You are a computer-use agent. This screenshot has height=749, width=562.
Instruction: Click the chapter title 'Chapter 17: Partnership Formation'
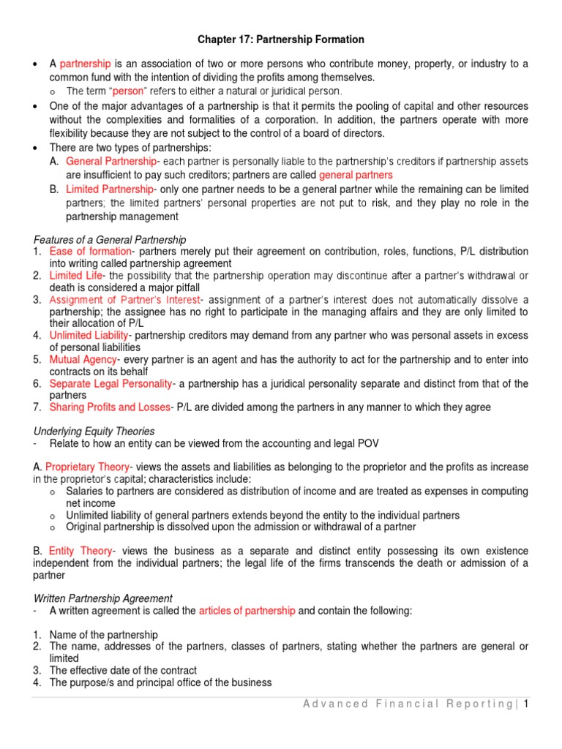point(282,39)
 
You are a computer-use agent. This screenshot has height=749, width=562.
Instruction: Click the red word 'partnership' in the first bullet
point(86,64)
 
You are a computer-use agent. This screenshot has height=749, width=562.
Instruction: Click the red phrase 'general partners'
point(356,175)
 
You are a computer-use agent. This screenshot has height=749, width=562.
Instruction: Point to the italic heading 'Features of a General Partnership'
point(110,239)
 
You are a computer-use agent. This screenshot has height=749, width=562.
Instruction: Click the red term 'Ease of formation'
point(90,251)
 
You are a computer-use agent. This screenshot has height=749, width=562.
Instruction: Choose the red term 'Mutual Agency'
point(83,360)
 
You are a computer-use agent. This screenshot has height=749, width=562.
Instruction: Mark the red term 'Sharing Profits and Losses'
point(110,407)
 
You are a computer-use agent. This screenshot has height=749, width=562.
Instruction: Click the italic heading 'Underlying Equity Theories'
point(94,432)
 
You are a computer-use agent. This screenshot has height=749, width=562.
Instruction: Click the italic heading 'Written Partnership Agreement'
point(103,598)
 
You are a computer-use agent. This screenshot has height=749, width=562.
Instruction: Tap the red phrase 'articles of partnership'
point(247,611)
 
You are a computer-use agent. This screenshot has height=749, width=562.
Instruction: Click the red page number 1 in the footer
point(525,704)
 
